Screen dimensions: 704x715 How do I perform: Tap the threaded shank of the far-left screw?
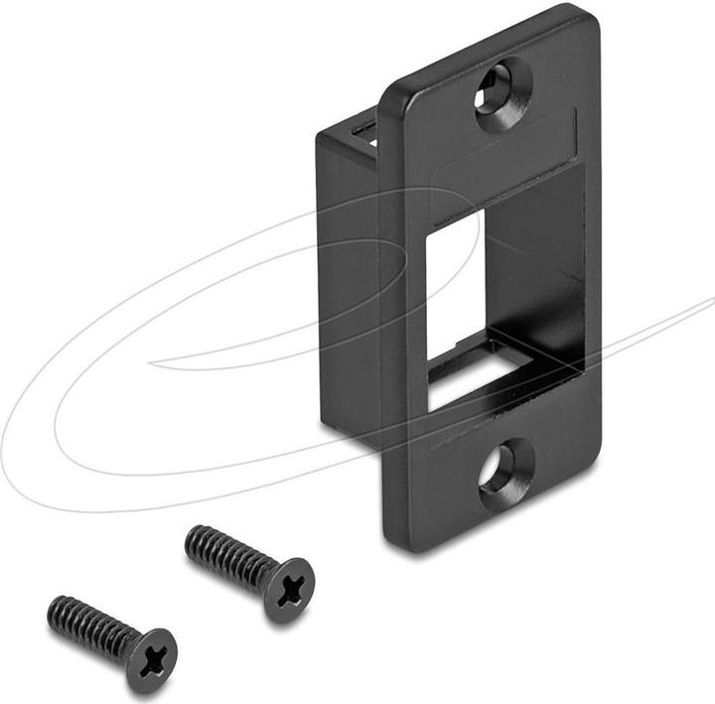(x=89, y=624)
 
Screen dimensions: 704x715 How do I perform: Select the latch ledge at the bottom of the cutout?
(x=497, y=368)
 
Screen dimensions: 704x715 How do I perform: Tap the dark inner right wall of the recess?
(x=541, y=288)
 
